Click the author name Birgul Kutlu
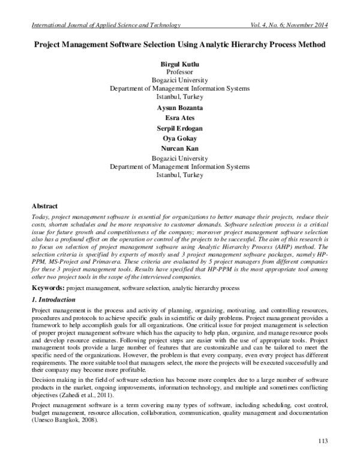(179, 63)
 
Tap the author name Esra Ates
(179, 118)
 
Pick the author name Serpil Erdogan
(179, 129)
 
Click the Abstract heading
(44, 204)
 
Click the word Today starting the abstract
(38, 214)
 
